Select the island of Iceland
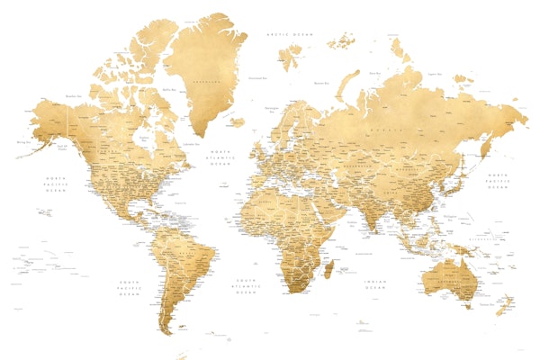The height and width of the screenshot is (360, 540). [237, 121]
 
